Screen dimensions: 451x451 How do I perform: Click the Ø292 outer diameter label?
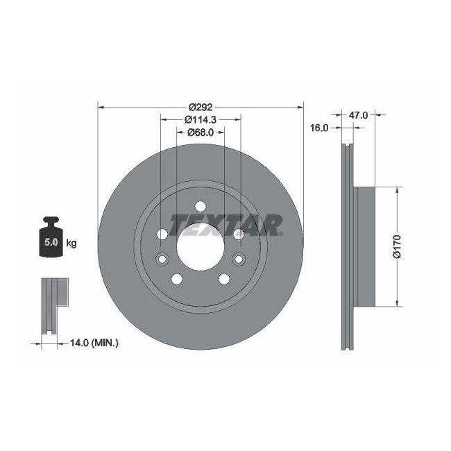pos(201,108)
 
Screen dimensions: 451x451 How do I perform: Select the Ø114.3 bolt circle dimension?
pos(201,119)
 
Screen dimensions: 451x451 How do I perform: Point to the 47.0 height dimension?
pos(358,115)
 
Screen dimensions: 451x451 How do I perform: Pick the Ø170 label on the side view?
pos(397,246)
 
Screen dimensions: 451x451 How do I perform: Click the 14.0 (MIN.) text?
pos(95,342)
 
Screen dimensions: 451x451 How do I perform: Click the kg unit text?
pos(71,243)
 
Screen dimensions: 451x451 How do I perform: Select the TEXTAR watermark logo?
pos(226,224)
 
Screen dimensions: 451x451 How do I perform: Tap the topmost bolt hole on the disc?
pos(201,206)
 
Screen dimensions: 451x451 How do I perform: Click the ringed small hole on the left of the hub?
pos(163,259)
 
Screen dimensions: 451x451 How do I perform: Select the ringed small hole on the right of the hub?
pos(239,259)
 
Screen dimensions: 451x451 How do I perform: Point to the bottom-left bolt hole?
pos(177,279)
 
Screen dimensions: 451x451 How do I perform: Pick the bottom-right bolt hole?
pos(224,279)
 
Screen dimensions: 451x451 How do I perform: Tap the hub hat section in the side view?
pos(364,246)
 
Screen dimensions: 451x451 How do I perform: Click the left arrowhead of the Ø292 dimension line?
pos(101,108)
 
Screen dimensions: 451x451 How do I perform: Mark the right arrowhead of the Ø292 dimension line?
pos(300,108)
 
